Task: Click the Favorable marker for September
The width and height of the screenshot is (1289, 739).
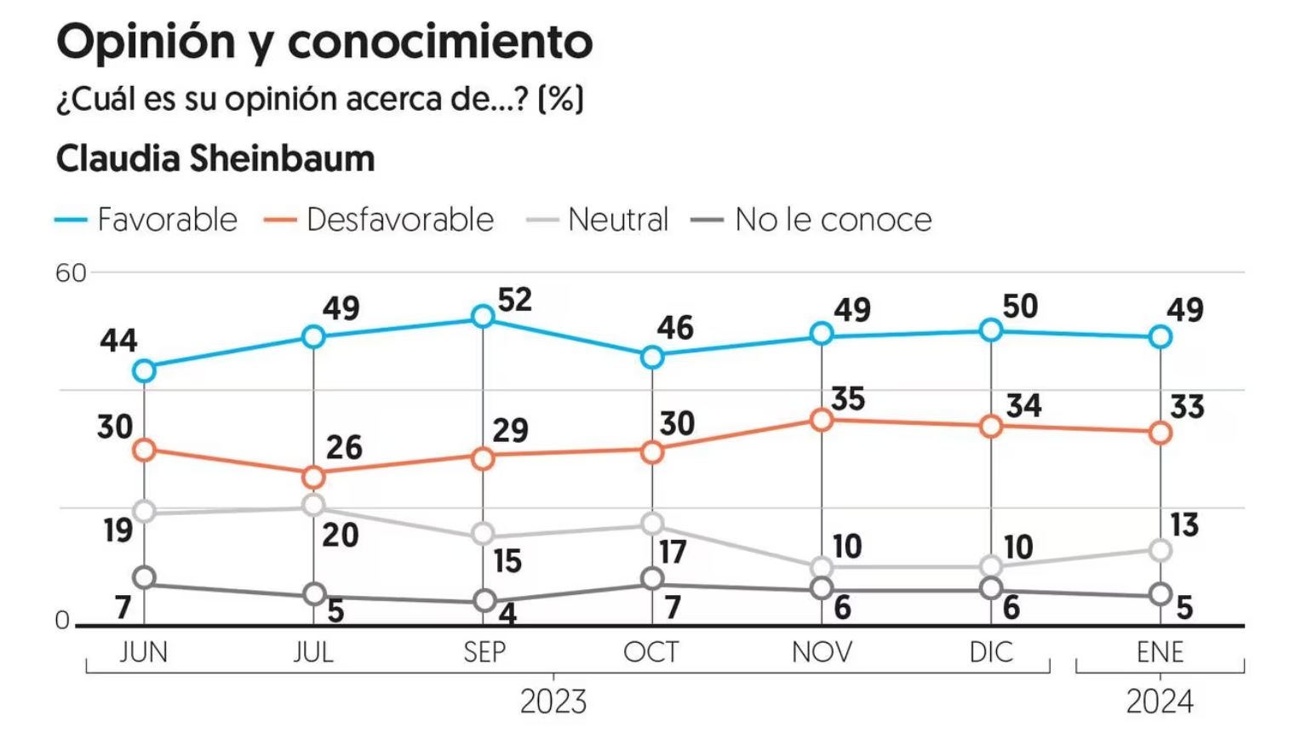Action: click(483, 317)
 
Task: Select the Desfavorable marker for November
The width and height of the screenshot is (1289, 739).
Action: click(821, 420)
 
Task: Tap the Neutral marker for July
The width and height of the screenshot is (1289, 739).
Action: click(313, 506)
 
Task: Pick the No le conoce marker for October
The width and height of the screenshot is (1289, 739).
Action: click(652, 579)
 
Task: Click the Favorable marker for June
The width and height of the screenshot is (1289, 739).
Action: click(145, 370)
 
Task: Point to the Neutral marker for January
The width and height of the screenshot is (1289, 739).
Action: click(1160, 551)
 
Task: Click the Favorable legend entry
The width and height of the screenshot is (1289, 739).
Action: click(147, 220)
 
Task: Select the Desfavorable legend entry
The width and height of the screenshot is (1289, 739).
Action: click(380, 220)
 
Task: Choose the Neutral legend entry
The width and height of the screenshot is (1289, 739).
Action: click(599, 220)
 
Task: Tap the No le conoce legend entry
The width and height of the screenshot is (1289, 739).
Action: click(812, 220)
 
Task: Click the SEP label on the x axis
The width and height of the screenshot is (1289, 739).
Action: click(484, 652)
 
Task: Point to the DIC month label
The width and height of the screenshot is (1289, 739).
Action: click(991, 652)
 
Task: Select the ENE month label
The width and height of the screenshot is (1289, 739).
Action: click(1160, 652)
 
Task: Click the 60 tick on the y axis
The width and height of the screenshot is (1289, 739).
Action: click(71, 273)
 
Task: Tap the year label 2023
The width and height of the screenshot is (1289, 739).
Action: click(553, 702)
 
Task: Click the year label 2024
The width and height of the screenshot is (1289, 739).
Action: click(1160, 702)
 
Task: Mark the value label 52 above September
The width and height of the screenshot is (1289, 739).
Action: click(515, 300)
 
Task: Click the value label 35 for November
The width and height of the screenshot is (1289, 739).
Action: click(848, 398)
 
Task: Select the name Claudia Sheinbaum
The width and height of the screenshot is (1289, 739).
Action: click(215, 159)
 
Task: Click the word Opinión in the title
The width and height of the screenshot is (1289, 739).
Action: click(145, 42)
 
